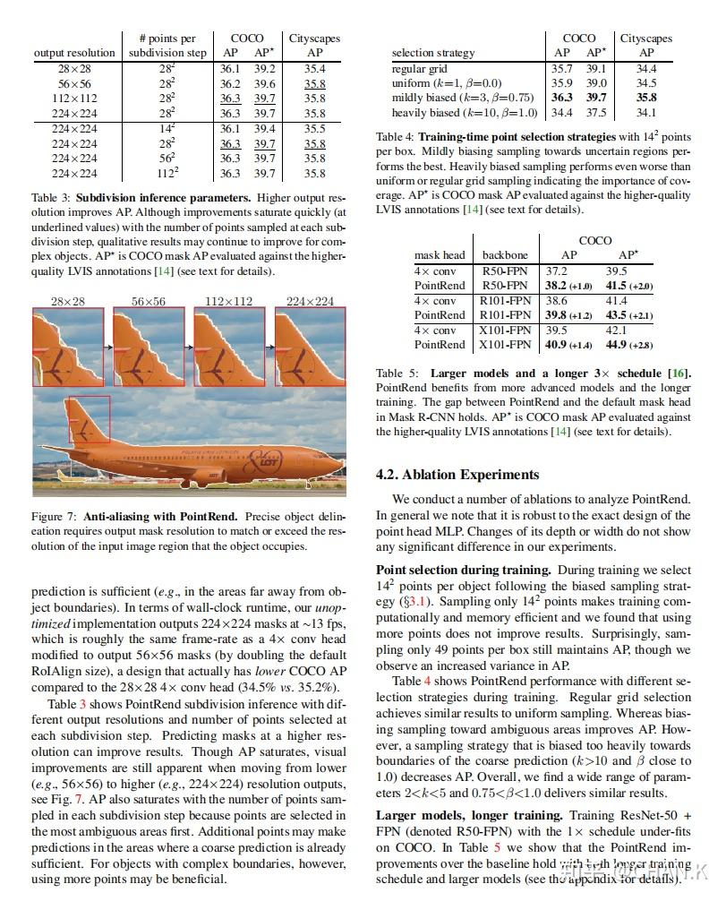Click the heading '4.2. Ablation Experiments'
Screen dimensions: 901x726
(457, 475)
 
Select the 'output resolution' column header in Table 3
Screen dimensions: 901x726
(74, 53)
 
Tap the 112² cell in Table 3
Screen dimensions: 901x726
(167, 173)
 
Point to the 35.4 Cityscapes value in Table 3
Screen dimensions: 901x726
(314, 68)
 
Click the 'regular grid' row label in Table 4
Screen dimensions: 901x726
(423, 68)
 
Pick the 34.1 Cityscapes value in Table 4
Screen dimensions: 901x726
(645, 113)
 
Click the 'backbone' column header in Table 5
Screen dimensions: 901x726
(505, 255)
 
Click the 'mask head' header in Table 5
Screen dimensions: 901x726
(440, 255)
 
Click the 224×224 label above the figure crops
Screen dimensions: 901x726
(310, 301)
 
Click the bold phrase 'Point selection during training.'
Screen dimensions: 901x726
(463, 570)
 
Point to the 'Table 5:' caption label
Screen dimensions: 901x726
(402, 373)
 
